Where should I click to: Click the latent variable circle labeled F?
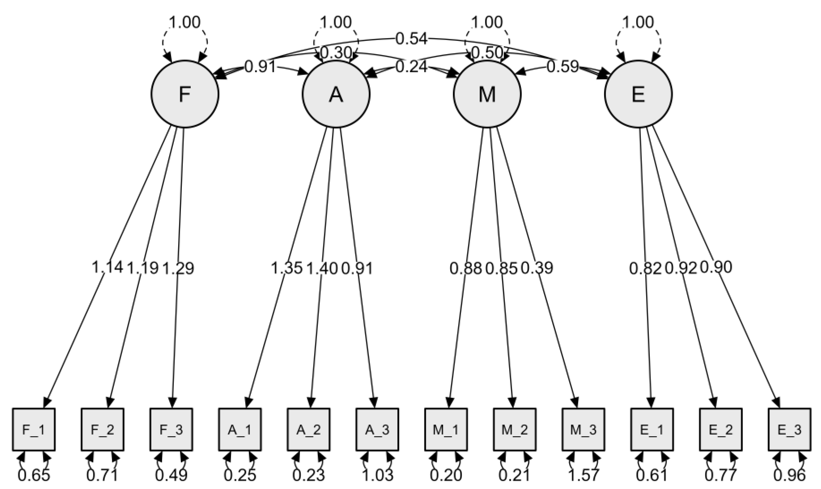coord(185,94)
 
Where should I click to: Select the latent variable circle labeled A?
coord(336,94)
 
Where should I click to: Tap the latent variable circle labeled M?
coord(487,94)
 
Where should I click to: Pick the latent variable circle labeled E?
coord(638,94)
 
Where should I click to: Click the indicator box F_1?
coord(34,430)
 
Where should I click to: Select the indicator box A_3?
coord(377,430)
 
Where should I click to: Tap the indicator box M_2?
coord(515,430)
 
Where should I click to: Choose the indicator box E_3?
coord(789,430)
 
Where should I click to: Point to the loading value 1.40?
coord(322,268)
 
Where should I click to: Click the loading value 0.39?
coord(537,268)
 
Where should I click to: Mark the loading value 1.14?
coord(107,267)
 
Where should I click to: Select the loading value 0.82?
coord(645,268)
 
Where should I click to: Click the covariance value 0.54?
coord(411,39)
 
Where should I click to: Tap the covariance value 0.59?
coord(563,67)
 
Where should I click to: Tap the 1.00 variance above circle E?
coord(638,22)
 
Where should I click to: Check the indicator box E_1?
coord(652,430)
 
